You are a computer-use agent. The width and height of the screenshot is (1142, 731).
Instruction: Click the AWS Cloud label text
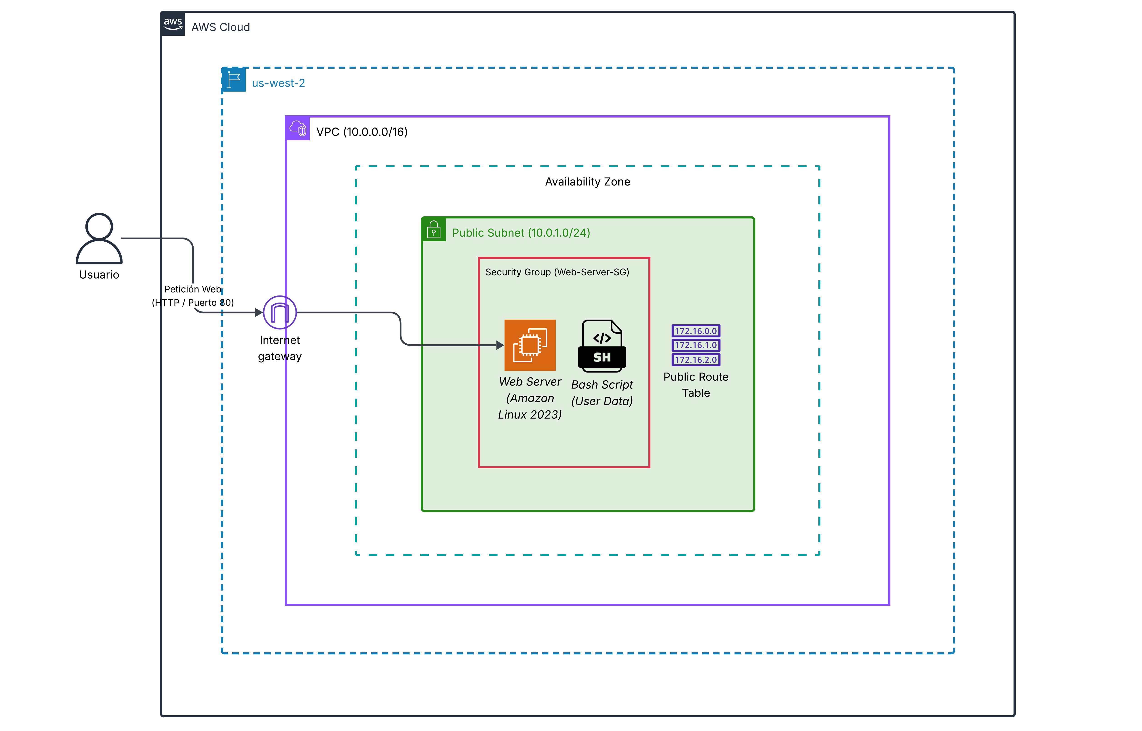click(x=221, y=27)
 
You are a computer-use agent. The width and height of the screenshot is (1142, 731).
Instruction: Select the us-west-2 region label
click(x=278, y=83)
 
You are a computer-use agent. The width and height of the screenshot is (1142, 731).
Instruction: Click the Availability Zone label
click(x=587, y=182)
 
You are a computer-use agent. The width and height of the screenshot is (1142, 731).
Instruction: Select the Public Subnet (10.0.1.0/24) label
click(x=521, y=233)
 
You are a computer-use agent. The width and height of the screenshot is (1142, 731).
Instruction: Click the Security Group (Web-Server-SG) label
click(x=557, y=272)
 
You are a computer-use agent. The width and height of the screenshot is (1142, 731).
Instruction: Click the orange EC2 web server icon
click(x=530, y=345)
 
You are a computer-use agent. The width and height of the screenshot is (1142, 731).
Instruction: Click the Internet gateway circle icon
click(x=280, y=312)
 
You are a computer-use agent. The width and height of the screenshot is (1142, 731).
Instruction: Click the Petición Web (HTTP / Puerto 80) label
click(x=193, y=296)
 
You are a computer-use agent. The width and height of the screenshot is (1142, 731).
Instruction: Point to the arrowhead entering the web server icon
click(x=500, y=345)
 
